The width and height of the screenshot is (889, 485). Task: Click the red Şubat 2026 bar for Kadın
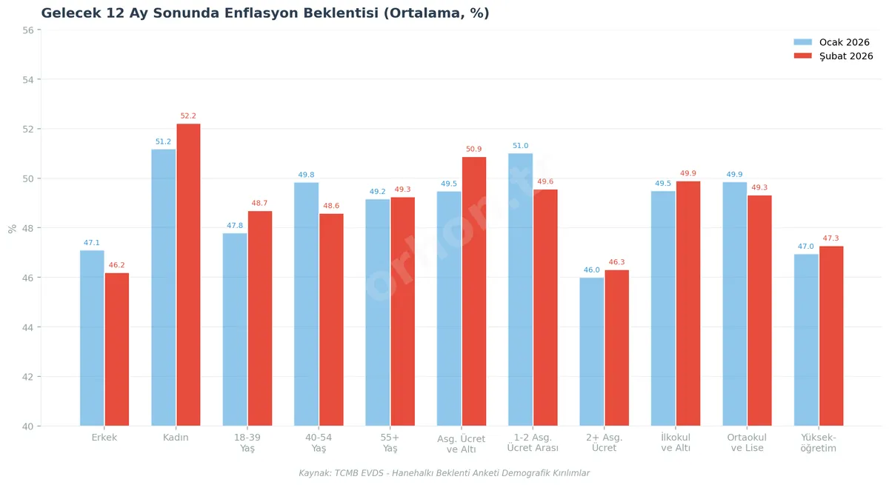[188, 275]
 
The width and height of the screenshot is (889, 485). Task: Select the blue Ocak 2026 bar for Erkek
[92, 338]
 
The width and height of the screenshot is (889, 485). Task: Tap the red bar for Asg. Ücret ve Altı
[474, 291]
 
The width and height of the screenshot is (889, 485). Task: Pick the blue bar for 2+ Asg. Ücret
[592, 352]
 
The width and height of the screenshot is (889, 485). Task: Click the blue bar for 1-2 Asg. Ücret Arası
[521, 290]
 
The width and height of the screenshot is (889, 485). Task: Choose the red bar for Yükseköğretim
[831, 335]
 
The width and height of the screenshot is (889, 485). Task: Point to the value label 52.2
[188, 116]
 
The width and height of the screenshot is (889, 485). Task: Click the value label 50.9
[474, 150]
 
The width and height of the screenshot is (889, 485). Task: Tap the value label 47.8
[235, 226]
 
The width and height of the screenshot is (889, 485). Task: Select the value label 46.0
[592, 270]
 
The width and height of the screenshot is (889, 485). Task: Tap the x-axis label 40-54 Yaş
[319, 443]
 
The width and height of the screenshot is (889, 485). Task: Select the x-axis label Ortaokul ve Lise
[747, 443]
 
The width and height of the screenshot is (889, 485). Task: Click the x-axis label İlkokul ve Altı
[676, 443]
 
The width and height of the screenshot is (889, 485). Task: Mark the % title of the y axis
[12, 228]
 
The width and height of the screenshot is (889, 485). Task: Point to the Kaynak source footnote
[444, 473]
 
